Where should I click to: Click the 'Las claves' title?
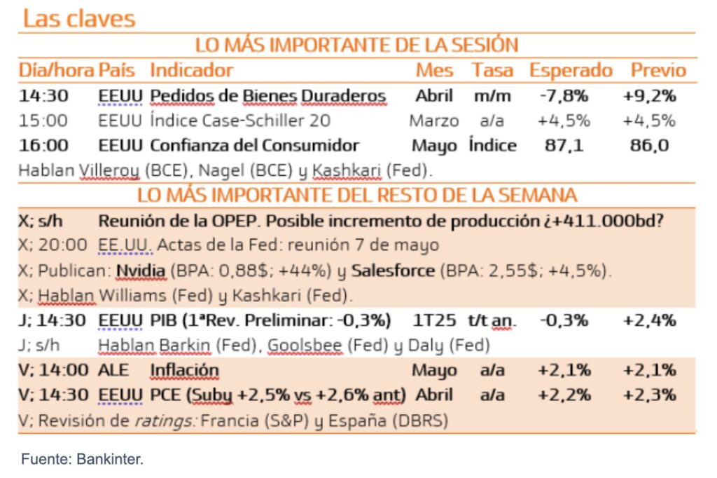[x=79, y=18]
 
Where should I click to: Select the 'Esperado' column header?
[x=571, y=70]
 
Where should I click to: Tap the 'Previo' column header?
[x=658, y=70]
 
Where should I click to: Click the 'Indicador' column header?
[x=191, y=70]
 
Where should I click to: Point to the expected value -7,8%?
[x=564, y=96]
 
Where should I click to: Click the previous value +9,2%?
[x=649, y=96]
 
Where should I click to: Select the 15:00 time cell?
[x=43, y=121]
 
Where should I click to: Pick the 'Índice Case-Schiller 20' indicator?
[x=240, y=121]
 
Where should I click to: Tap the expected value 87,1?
[x=564, y=146]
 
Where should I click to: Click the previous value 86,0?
[x=649, y=146]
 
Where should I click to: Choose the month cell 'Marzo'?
[x=434, y=121]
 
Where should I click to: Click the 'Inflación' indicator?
[x=184, y=370]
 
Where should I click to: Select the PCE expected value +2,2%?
[x=564, y=395]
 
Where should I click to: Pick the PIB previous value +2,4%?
[x=649, y=321]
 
